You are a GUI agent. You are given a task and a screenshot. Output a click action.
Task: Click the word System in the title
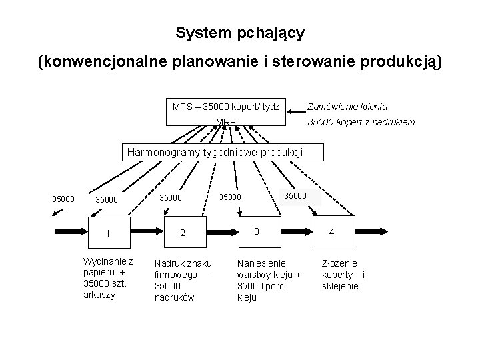tap(197, 32)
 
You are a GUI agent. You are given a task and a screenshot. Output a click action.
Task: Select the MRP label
tap(226, 121)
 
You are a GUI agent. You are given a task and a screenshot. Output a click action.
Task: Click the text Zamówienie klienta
tap(347, 106)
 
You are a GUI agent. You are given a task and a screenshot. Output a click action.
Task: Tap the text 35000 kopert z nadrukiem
tap(360, 121)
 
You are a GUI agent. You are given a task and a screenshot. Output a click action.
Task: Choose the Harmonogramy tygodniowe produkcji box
tap(215, 152)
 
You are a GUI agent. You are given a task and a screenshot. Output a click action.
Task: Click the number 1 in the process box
tap(108, 233)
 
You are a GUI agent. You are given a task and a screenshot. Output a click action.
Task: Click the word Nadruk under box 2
tap(169, 264)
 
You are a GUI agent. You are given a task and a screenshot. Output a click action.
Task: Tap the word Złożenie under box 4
tap(339, 264)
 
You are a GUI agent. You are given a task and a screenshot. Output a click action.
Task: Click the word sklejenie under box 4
tap(340, 286)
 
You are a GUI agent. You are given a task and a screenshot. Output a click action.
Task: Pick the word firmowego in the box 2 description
tap(175, 275)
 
